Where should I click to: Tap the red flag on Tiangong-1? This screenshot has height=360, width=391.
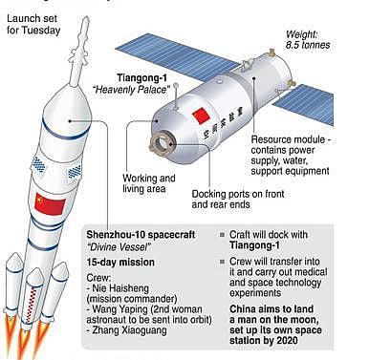tap(201, 117)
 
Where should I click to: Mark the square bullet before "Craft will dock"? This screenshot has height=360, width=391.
tap(223, 233)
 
